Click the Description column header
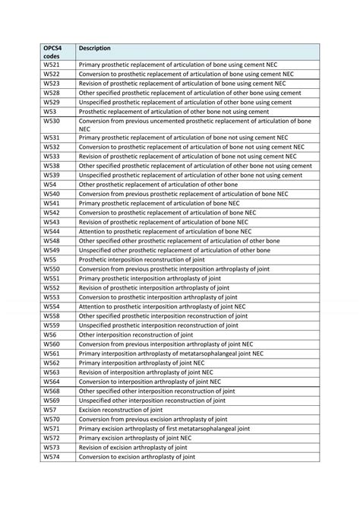(95, 48)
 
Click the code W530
(51, 121)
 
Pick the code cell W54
(49, 185)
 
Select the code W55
(49, 259)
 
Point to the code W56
(49, 334)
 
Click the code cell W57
(49, 410)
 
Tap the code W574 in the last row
(51, 457)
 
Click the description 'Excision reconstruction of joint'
(121, 410)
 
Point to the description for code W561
(171, 353)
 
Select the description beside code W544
(165, 231)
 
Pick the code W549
(51, 250)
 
